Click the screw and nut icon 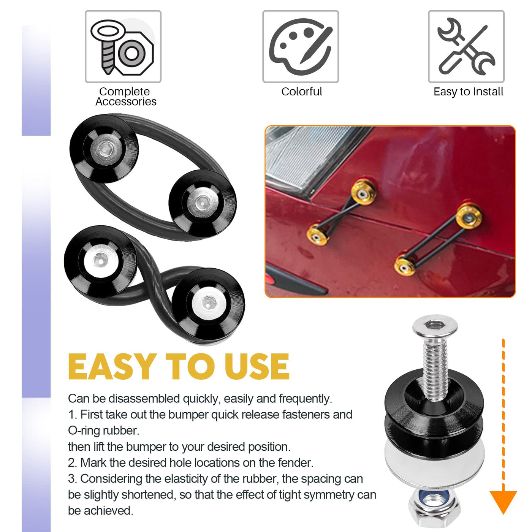tap(122, 47)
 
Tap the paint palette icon tap(300, 46)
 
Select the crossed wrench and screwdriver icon tap(466, 46)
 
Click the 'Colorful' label tap(301, 92)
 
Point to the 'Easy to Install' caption tap(468, 92)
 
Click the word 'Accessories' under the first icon tap(126, 101)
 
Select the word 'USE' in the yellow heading tap(257, 367)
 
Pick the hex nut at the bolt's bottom tap(434, 508)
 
